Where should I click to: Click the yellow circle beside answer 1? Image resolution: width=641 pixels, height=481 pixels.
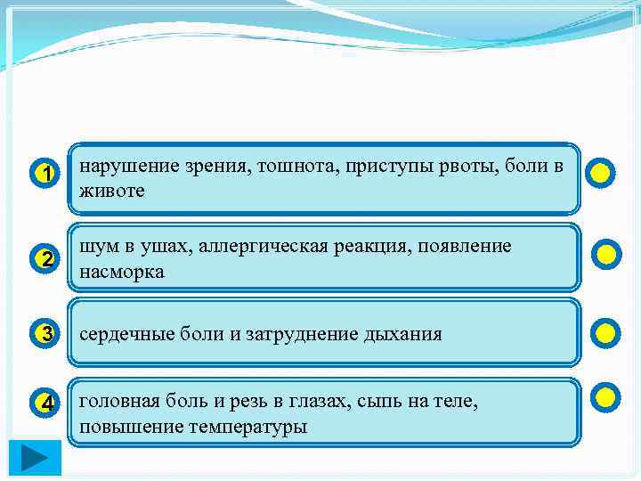tap(601, 173)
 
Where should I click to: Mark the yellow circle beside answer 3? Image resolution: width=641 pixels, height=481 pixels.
tap(604, 334)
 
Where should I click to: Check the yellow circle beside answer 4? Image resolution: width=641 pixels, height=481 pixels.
tap(604, 396)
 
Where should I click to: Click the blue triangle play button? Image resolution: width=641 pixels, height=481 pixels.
tap(36, 459)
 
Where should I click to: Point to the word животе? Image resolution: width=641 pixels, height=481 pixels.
tap(112, 191)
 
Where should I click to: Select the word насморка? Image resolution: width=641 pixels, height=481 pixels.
tap(122, 272)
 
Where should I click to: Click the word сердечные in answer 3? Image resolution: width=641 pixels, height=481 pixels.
tap(122, 334)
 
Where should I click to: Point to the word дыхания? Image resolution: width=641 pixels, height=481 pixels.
tap(402, 335)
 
